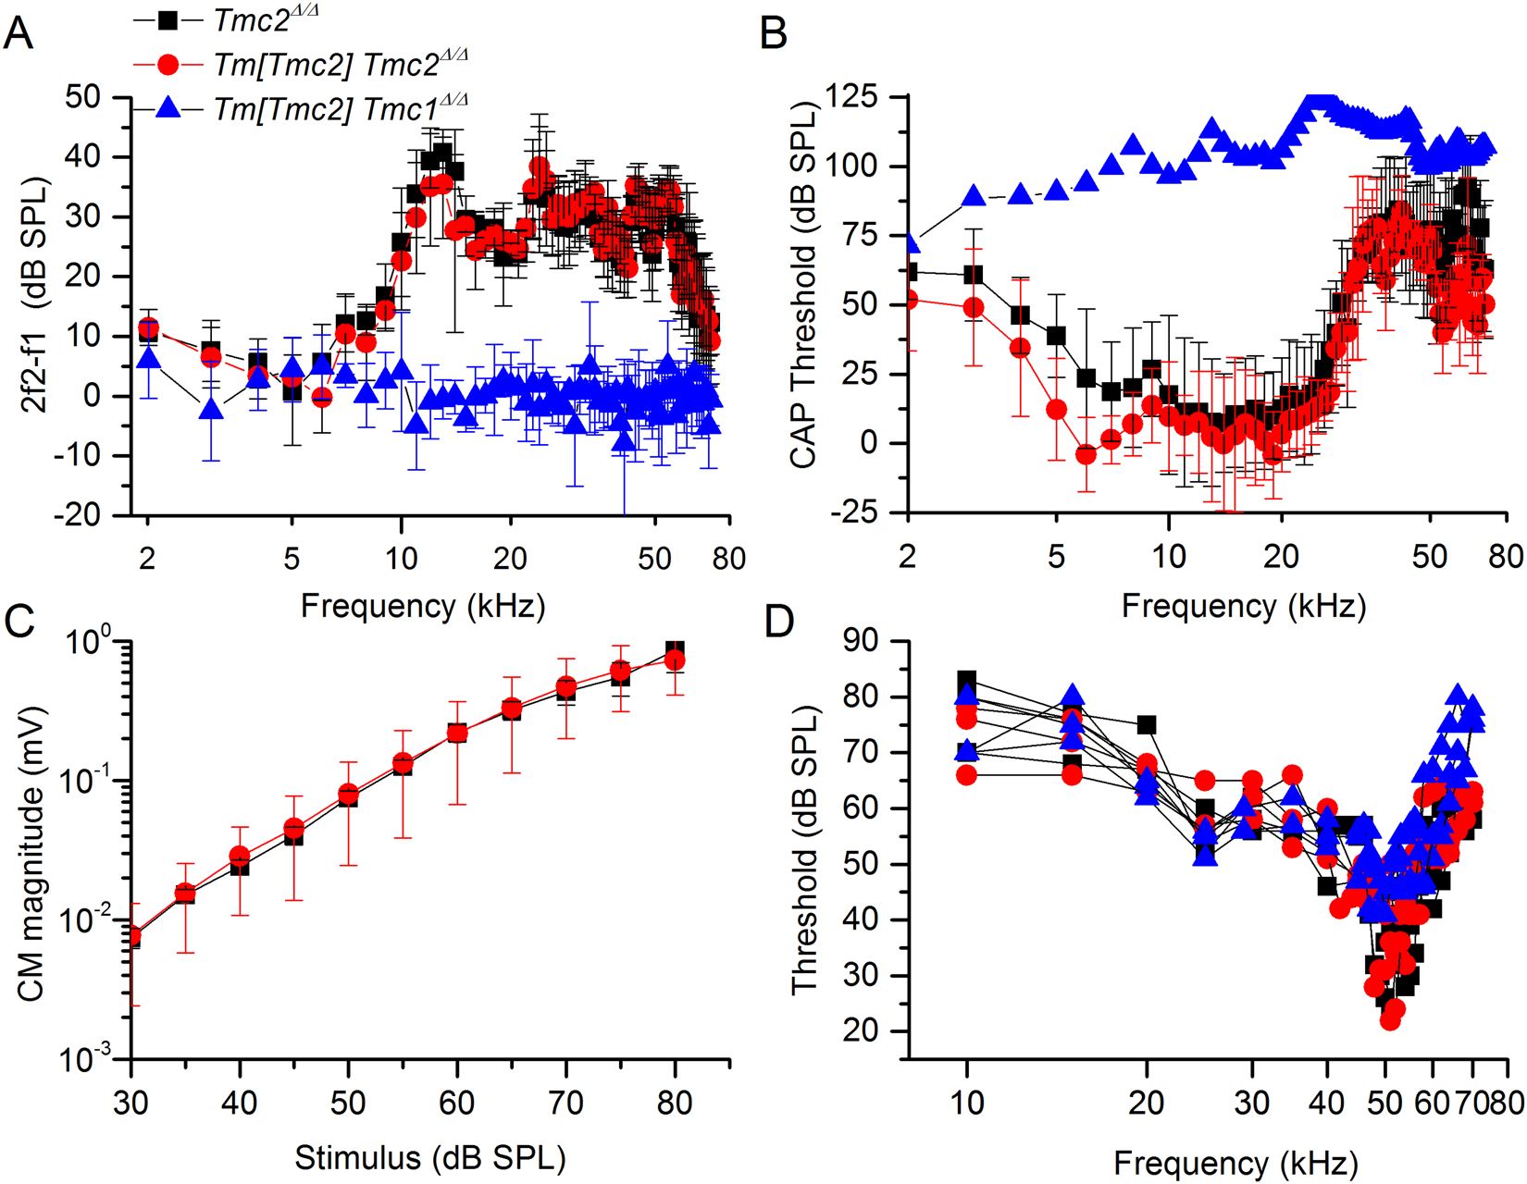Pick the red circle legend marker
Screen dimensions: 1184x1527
168,65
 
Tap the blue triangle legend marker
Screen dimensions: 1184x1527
168,108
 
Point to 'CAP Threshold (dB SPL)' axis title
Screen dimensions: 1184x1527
803,287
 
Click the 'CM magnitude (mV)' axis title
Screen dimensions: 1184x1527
31,851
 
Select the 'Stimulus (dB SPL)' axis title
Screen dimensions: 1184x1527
429,1157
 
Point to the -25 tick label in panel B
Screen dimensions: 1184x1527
853,512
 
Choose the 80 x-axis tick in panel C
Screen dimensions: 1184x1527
675,1103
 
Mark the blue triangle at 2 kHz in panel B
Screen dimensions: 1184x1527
911,243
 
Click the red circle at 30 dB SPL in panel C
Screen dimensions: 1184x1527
132,936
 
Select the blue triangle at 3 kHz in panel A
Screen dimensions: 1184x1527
212,408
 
